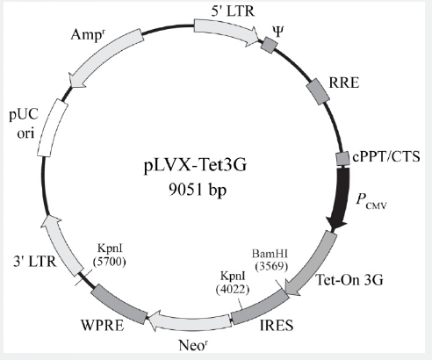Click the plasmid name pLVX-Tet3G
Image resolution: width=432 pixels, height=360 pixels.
(x=195, y=166)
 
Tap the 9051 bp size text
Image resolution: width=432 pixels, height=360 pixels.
(x=198, y=190)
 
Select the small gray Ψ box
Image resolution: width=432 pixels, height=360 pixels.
(x=270, y=45)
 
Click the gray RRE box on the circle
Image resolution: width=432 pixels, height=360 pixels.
(x=318, y=91)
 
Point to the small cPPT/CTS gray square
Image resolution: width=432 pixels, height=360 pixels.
(x=342, y=159)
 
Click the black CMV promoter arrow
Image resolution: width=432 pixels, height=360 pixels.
(x=340, y=199)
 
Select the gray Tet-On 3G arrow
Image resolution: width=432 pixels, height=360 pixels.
(x=311, y=265)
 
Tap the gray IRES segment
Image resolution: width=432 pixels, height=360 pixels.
(x=260, y=307)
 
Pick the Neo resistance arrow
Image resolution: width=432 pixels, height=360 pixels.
(x=189, y=322)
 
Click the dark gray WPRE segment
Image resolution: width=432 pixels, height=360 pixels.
(x=119, y=305)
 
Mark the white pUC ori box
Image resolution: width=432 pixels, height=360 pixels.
(x=53, y=127)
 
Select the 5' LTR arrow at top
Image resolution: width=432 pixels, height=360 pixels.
(x=226, y=32)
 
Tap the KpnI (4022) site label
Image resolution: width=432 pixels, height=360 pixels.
(x=233, y=283)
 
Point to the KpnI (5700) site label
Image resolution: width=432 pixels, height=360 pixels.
(x=110, y=255)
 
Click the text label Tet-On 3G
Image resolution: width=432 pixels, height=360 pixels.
(x=349, y=280)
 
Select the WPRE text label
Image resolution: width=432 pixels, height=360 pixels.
(x=103, y=325)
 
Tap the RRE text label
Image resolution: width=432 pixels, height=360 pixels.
(x=344, y=83)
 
